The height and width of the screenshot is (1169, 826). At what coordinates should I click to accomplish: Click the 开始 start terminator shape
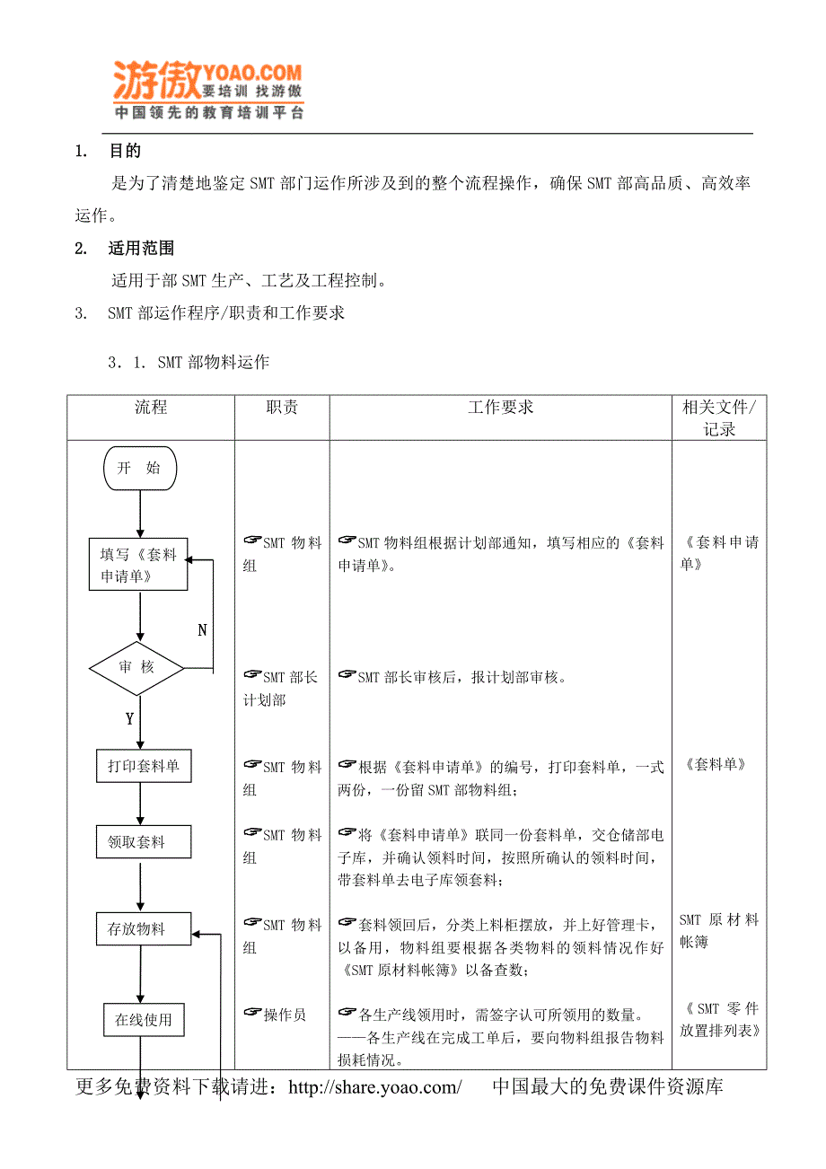click(x=140, y=468)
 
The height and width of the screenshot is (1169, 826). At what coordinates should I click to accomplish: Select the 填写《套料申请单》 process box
click(x=138, y=565)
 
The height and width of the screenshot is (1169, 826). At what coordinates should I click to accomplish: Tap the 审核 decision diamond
click(x=136, y=667)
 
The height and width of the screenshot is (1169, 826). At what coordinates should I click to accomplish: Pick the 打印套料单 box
click(x=144, y=766)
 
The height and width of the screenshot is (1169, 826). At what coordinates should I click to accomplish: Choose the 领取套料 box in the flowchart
click(x=144, y=842)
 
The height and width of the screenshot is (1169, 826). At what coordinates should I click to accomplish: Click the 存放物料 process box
click(x=144, y=929)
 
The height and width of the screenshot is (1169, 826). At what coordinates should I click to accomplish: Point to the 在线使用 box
click(x=144, y=1020)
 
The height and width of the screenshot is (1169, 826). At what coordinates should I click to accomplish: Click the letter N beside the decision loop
click(x=202, y=630)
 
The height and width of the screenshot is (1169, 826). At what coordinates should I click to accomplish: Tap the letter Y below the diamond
click(x=129, y=719)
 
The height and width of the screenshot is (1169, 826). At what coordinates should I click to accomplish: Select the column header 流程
click(x=151, y=408)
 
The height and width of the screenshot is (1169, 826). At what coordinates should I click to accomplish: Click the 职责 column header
click(x=282, y=408)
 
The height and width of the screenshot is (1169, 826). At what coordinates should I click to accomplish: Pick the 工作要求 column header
click(x=500, y=408)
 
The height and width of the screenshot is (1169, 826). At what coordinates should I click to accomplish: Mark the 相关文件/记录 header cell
click(x=719, y=417)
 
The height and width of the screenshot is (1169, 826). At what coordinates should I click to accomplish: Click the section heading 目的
click(x=125, y=152)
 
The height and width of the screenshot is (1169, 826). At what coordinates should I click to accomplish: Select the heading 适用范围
click(x=141, y=249)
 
